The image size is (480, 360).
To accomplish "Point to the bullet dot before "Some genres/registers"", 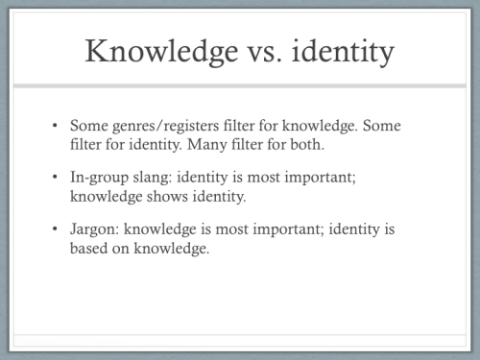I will [57, 126].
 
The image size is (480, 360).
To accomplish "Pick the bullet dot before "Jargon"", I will [57, 230].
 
